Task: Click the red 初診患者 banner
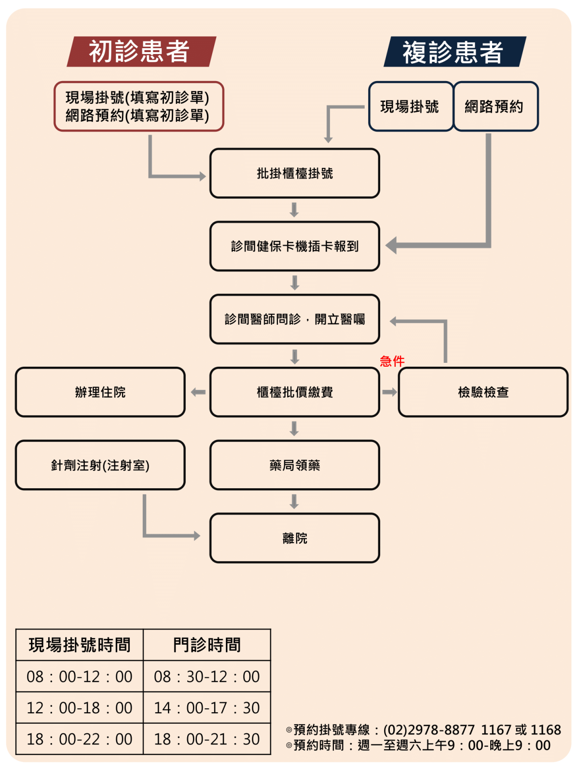tap(141, 51)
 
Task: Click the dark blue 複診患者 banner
tap(455, 51)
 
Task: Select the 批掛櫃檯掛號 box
tap(295, 173)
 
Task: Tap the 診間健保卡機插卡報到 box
tap(295, 246)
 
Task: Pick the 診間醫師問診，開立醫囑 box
tap(295, 319)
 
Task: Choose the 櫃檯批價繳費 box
tap(295, 392)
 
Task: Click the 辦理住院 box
tap(100, 392)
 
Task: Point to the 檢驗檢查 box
tap(483, 392)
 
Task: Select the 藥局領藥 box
tap(295, 465)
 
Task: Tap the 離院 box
tap(295, 538)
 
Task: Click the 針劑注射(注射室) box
tap(100, 465)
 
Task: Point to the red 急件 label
tap(392, 361)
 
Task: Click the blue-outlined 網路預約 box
tap(496, 106)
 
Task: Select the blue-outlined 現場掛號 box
tap(411, 106)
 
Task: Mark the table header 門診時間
tap(207, 645)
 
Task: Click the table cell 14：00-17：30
tap(207, 708)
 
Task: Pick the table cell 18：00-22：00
tap(80, 739)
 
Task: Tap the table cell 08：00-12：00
tap(80, 676)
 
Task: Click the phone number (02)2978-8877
tap(429, 730)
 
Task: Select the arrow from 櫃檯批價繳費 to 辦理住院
tap(198, 392)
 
